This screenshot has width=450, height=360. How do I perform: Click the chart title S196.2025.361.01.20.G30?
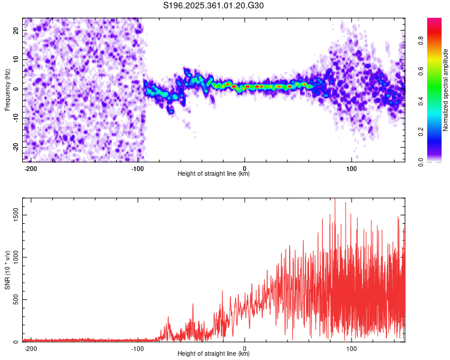214,6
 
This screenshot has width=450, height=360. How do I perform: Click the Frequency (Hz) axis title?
7,89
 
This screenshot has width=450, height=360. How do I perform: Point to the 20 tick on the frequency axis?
16,30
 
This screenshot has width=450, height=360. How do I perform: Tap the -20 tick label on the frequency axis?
15,148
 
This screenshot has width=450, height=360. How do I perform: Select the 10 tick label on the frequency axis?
16,59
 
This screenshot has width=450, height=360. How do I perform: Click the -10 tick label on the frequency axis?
15,118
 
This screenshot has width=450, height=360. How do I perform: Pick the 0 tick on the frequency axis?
19,89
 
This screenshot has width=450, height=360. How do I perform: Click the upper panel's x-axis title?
214,173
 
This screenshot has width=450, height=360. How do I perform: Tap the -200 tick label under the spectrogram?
31,168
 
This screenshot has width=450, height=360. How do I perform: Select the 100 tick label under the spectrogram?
352,168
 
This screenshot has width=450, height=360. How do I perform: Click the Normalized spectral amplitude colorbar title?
445,90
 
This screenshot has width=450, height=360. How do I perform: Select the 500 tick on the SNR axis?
15,299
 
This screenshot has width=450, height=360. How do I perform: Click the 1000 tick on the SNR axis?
13,257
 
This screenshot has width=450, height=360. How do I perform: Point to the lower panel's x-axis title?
214,354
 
